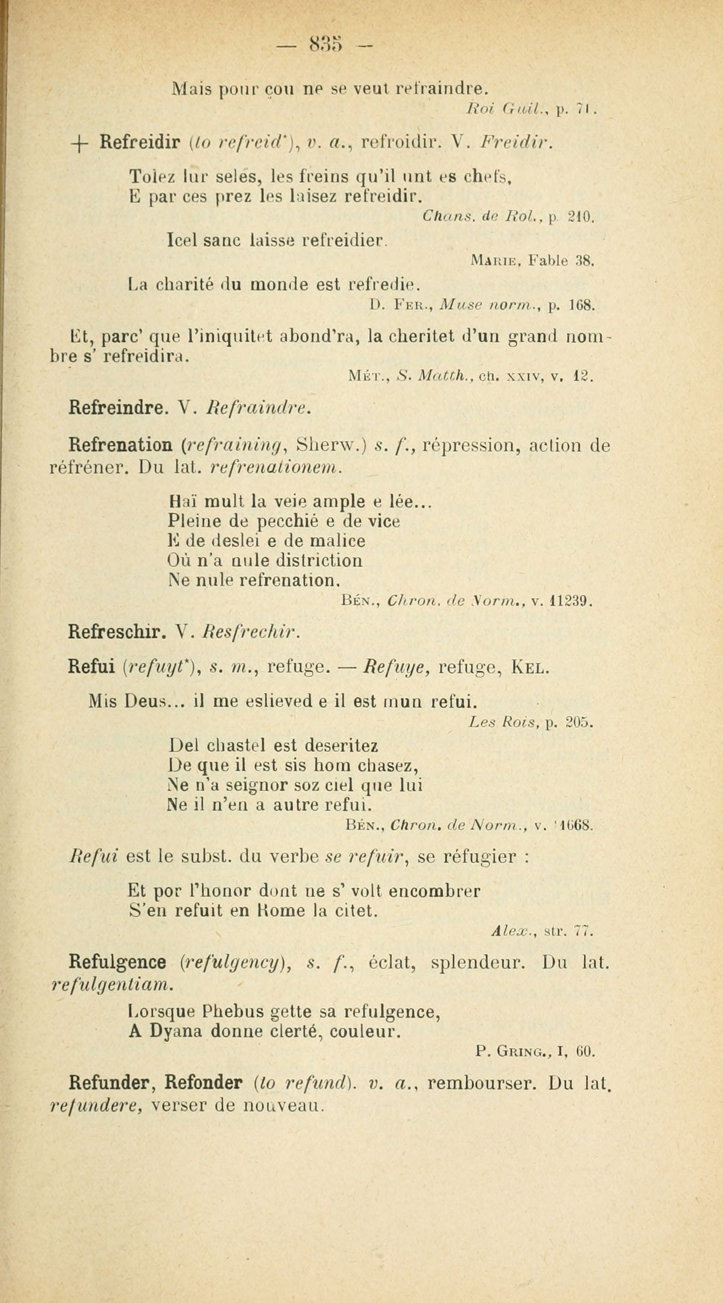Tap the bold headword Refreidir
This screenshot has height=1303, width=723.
click(140, 144)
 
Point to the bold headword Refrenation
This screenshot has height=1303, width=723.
click(120, 445)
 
